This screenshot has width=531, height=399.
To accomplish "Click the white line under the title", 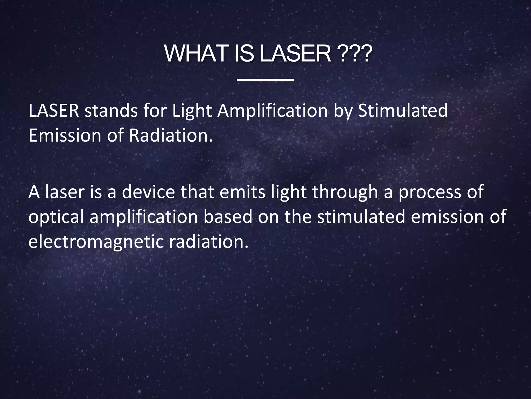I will point(265,80).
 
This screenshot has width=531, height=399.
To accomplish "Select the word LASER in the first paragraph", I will point(54,111).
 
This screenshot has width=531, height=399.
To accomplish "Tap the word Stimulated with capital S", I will point(403,111).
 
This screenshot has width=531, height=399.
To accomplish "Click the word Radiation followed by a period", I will point(171,135).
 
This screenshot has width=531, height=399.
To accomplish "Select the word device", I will point(148,192).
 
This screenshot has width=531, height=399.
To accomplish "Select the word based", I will point(228,217).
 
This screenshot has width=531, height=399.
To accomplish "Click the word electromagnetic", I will point(96,242).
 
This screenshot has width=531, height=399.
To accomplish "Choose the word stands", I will point(111,111).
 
